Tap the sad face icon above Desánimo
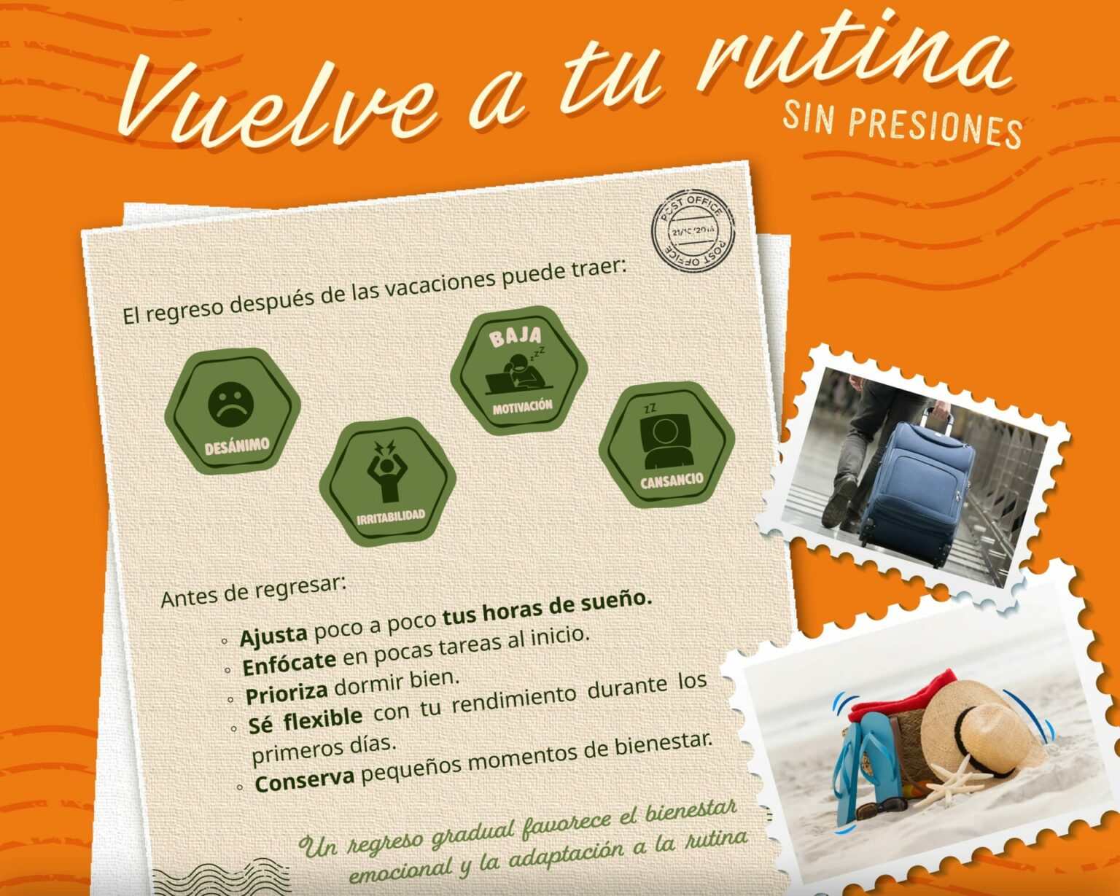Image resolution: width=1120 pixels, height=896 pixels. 230,405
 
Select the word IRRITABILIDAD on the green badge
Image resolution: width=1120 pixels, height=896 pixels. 391,517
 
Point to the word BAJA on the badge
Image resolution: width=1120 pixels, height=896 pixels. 516,336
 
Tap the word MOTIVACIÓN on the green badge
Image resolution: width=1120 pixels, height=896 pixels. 523,406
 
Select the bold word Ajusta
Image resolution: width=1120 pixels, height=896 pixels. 273,635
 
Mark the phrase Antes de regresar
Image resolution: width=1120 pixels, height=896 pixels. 254,591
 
